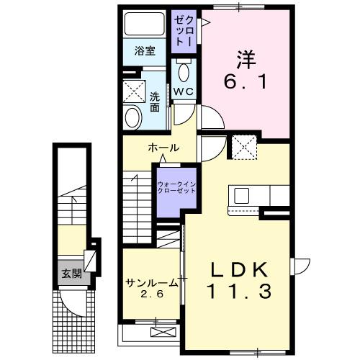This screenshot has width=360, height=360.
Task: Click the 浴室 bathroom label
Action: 145,50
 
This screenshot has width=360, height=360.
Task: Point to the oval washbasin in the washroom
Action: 132,116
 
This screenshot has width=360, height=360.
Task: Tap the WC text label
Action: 183,91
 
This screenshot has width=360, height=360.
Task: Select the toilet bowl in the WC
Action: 184,72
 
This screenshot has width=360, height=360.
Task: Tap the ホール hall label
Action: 163,148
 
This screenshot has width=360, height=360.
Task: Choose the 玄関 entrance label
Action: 70,274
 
